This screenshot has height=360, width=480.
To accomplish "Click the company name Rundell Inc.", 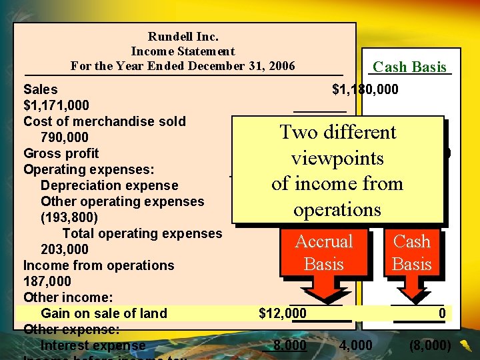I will pyautogui.click(x=183, y=37).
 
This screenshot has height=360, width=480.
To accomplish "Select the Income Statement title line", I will pyautogui.click(x=183, y=51).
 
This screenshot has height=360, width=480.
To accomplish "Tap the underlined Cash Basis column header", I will pyautogui.click(x=409, y=67).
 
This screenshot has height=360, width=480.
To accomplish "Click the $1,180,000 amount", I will pyautogui.click(x=365, y=89).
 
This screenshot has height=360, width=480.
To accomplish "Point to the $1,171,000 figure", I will pyautogui.click(x=56, y=105).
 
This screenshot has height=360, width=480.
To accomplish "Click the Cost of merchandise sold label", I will pyautogui.click(x=105, y=121).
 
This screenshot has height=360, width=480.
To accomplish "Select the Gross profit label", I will pyautogui.click(x=61, y=153).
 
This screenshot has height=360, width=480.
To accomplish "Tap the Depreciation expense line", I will pyautogui.click(x=109, y=185).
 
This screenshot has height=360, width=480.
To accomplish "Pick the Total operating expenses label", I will pyautogui.click(x=142, y=233).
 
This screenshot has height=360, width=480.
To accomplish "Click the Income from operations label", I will pyautogui.click(x=99, y=265).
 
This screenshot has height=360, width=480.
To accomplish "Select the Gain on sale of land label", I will pyautogui.click(x=104, y=313).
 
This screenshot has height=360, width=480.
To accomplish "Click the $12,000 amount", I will pyautogui.click(x=283, y=313).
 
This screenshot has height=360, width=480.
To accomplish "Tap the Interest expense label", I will pyautogui.click(x=93, y=345).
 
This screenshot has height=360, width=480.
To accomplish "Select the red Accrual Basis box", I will pyautogui.click(x=324, y=253).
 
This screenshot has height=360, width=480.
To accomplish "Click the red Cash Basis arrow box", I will pyautogui.click(x=411, y=253).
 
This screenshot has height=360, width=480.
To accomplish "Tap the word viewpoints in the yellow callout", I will pyautogui.click(x=337, y=158).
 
